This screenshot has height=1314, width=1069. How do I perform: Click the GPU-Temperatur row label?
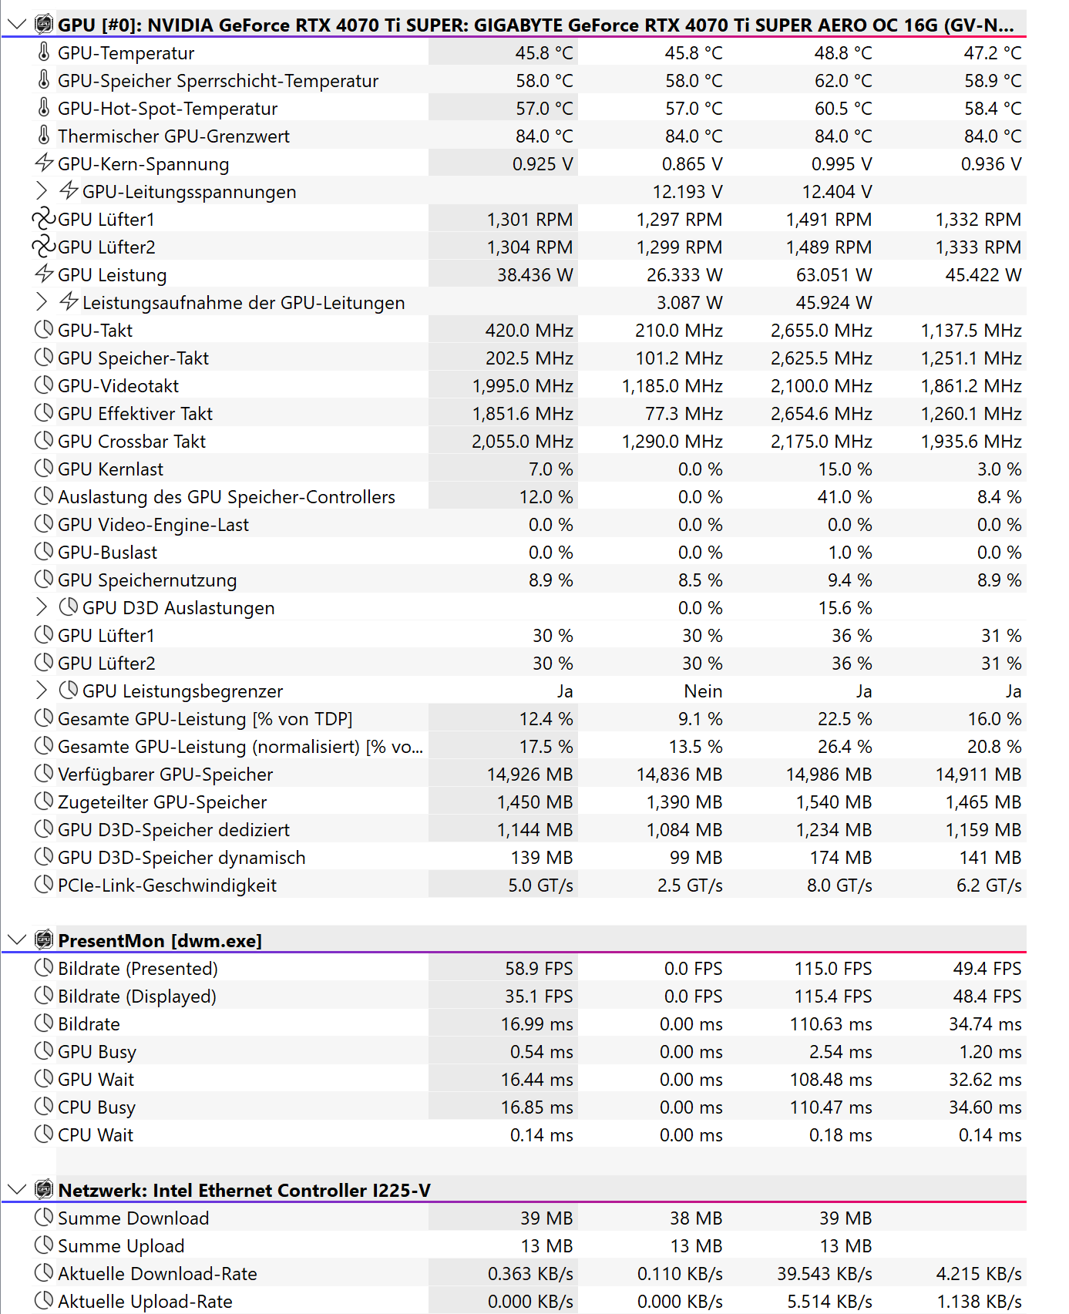[x=126, y=53]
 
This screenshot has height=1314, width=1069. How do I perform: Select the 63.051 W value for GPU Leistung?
[x=834, y=275]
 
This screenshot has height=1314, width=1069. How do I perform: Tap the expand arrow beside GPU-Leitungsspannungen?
[x=42, y=191]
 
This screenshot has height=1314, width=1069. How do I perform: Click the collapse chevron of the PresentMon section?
[x=16, y=940]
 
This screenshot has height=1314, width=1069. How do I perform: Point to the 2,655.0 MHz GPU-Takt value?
[x=822, y=331]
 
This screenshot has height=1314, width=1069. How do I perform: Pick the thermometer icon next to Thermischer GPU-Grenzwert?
[x=44, y=136]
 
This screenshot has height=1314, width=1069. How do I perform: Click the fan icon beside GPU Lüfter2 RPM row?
[x=44, y=247]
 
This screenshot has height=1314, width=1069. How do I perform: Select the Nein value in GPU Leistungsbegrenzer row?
[x=703, y=691]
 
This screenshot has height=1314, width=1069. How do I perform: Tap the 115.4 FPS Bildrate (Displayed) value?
[x=833, y=996]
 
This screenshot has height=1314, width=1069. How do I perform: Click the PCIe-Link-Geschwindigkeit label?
[x=166, y=886]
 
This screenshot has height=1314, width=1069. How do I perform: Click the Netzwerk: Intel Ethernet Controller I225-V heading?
[x=244, y=1191]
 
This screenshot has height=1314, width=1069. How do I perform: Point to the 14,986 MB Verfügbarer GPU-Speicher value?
[x=829, y=775]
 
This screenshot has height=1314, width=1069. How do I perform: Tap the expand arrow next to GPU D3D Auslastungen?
[x=42, y=607]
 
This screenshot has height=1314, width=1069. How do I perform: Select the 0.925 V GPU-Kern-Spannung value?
[x=543, y=164]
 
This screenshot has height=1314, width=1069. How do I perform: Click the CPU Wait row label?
[x=96, y=1135]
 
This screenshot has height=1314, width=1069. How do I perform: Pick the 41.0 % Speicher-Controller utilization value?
[x=845, y=497]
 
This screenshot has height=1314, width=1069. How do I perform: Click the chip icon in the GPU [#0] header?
[x=44, y=25]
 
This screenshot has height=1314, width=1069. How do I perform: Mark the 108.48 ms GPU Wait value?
[x=831, y=1080]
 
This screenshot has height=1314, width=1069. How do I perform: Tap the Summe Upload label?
[x=121, y=1246]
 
